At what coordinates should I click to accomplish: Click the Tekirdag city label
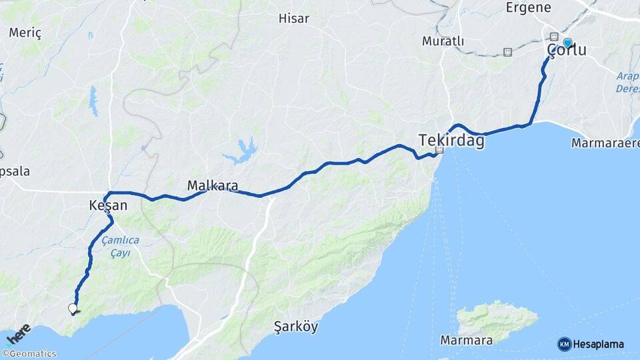[451, 140]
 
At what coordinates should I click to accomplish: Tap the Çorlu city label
[567, 51]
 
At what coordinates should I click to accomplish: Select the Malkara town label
[213, 185]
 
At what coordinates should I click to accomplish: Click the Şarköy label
[296, 327]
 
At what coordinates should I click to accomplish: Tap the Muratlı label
[443, 41]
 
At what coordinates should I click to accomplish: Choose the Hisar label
[293, 19]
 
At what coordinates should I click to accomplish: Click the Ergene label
[529, 8]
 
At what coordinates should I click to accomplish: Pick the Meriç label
[25, 33]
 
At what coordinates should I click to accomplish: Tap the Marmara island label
[467, 341]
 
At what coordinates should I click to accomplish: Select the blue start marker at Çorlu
[567, 43]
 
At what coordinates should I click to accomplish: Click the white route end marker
[73, 308]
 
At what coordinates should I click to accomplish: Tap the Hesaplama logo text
[599, 344]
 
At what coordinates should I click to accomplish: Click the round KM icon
[565, 344]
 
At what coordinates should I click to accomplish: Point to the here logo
[18, 333]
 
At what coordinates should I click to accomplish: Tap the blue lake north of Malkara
[241, 153]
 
